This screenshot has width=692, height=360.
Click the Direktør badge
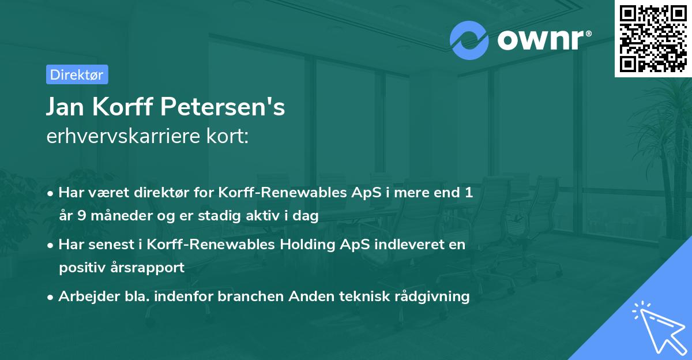point(77,74)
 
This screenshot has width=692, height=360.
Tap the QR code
point(653,39)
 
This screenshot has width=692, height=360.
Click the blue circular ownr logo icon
point(469,40)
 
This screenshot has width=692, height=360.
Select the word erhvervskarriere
point(118,137)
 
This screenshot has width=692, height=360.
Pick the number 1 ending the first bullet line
point(468,193)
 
